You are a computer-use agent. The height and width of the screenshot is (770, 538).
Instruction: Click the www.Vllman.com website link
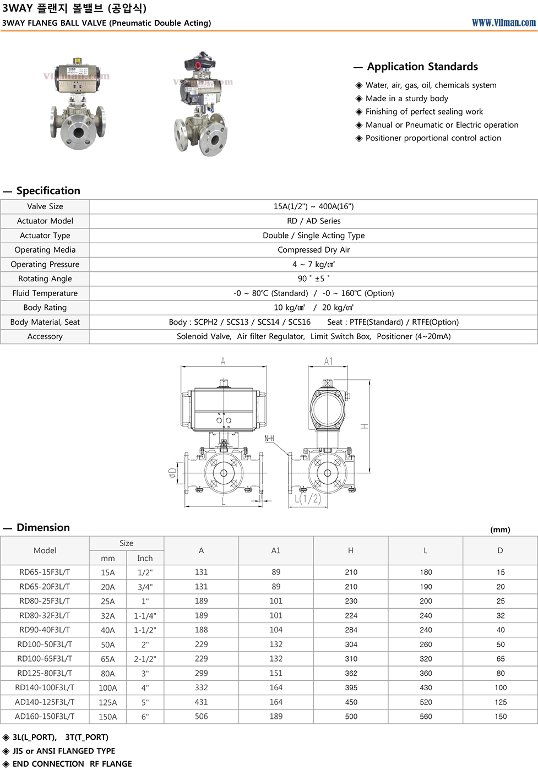point(503,23)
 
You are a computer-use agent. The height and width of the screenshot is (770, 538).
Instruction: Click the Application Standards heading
point(422,67)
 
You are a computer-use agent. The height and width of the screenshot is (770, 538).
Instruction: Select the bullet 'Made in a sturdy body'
point(406,99)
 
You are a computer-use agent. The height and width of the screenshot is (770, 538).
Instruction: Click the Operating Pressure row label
point(45,264)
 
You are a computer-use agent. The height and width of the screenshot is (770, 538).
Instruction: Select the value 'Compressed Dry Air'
point(313,250)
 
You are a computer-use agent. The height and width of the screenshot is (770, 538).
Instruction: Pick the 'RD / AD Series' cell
point(313,221)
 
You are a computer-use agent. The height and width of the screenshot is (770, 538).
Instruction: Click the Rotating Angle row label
point(45,278)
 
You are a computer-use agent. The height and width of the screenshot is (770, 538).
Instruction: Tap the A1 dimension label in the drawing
point(328,361)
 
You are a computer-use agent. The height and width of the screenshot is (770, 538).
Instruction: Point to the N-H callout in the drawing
point(269,439)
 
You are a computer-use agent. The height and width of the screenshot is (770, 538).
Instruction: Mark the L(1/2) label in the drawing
point(307,499)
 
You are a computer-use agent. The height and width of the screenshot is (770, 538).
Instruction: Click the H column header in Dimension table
point(351,550)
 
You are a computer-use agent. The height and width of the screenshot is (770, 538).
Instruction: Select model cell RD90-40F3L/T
point(45,630)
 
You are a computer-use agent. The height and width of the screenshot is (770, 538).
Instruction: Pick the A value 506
point(201,716)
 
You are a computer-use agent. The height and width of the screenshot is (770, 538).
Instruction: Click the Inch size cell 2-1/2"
point(145,659)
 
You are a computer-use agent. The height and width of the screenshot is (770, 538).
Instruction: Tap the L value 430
point(426,687)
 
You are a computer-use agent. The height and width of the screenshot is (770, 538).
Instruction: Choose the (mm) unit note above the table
point(500,529)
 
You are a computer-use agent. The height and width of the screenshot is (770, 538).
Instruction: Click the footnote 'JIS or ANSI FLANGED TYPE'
point(64,751)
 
